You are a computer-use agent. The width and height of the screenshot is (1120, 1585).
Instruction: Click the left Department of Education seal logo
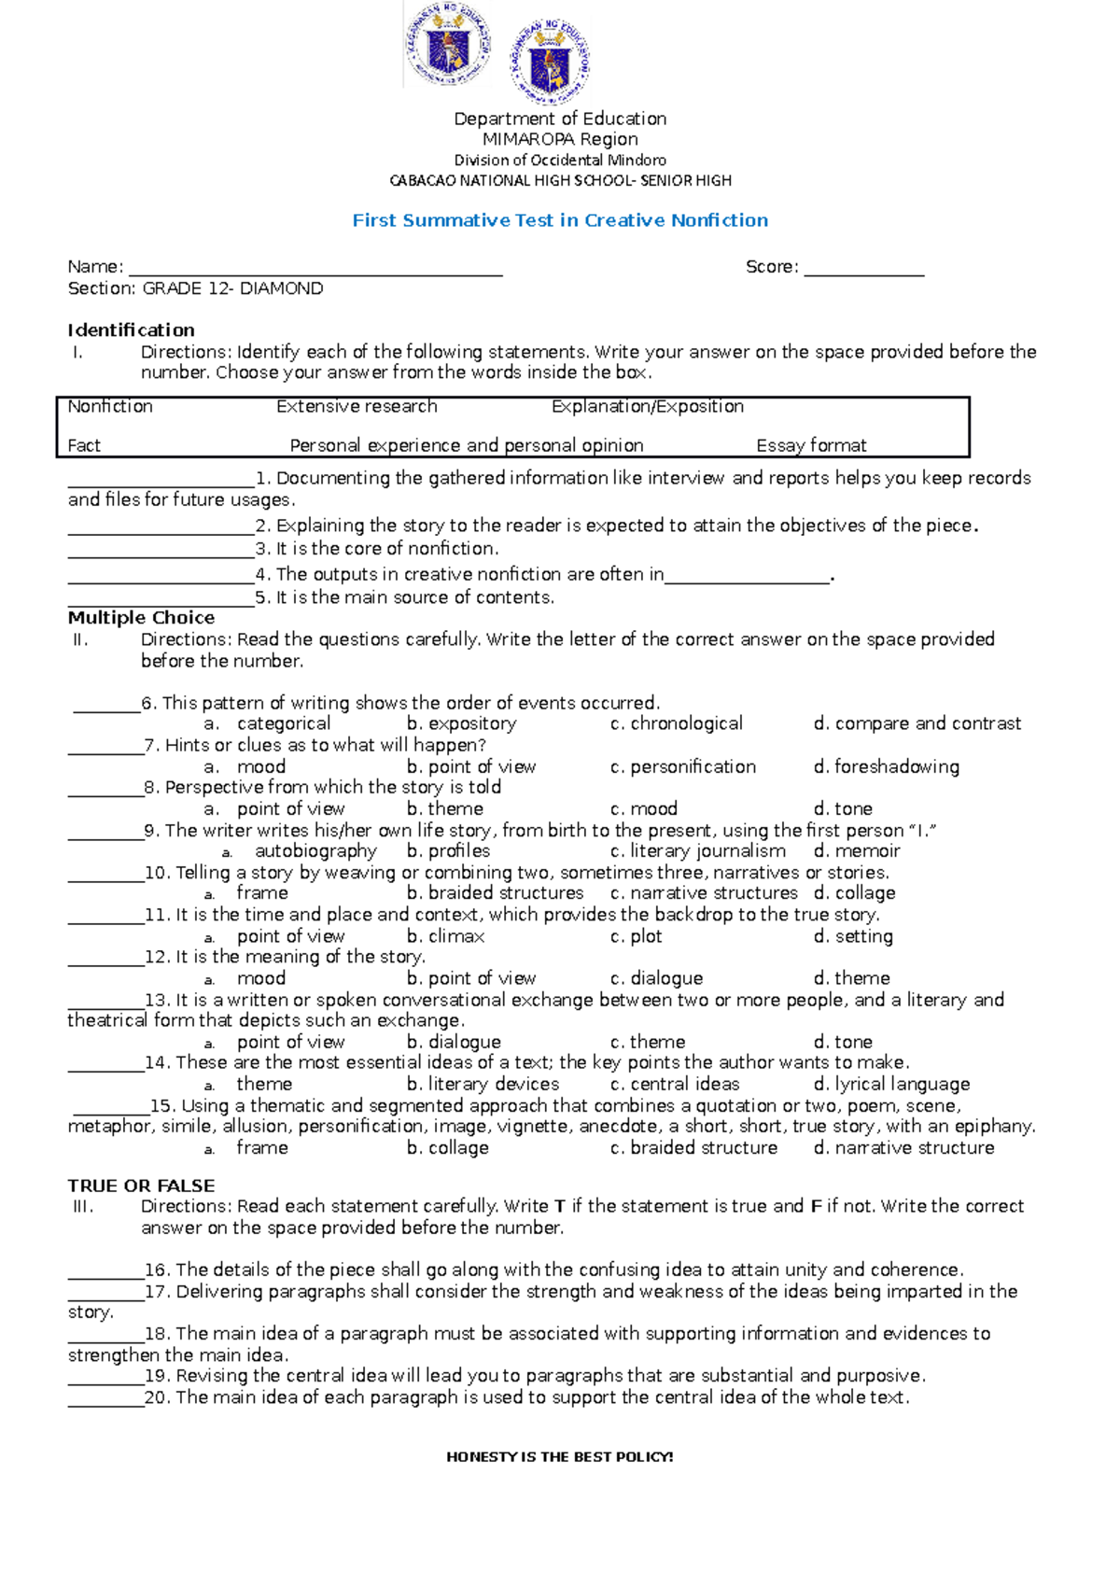click(448, 45)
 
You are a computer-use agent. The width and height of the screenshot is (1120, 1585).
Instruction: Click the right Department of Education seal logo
click(550, 62)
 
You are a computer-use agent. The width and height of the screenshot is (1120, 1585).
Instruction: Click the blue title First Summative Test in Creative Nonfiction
click(560, 220)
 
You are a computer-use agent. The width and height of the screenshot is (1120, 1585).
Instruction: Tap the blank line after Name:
click(315, 270)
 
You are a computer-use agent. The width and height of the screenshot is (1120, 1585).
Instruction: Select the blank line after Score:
click(863, 270)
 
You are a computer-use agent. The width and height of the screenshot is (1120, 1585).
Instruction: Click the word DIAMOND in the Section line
click(281, 288)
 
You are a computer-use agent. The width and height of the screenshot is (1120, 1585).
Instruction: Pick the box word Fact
click(84, 445)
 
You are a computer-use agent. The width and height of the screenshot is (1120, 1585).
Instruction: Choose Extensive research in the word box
click(357, 406)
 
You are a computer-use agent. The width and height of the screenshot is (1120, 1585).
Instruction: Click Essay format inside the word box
click(811, 445)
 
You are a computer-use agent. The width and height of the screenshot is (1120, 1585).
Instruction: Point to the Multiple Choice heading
click(141, 617)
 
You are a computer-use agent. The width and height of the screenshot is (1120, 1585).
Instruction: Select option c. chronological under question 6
click(677, 723)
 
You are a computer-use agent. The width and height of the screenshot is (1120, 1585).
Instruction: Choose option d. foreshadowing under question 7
click(887, 766)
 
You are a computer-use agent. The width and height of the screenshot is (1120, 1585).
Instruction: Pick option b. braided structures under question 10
click(495, 892)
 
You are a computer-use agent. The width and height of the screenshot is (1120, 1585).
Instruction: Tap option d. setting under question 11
click(853, 935)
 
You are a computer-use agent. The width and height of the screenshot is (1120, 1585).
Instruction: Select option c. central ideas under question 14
click(675, 1084)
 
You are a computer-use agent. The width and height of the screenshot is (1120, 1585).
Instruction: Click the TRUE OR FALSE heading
click(141, 1185)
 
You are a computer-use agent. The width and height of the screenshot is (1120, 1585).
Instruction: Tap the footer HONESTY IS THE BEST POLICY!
click(560, 1456)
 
